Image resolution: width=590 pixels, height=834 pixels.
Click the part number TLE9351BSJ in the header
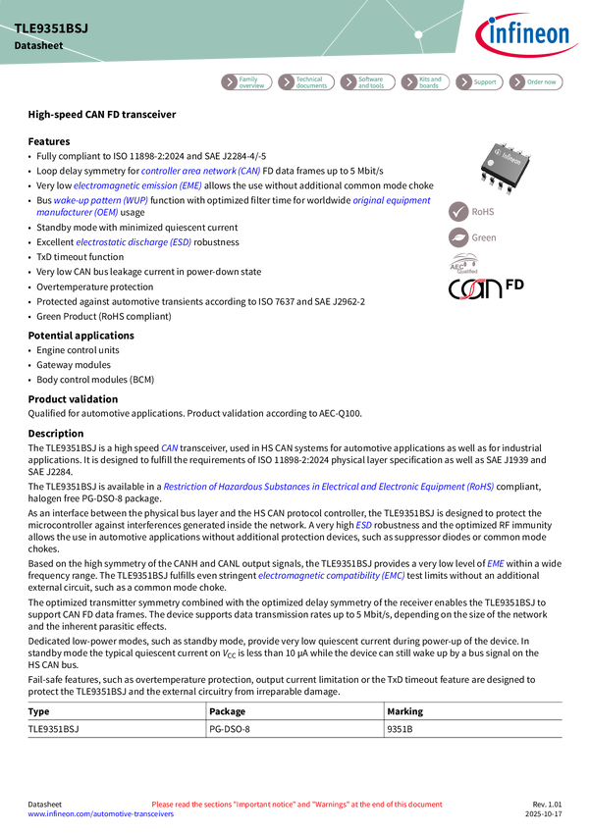(51, 28)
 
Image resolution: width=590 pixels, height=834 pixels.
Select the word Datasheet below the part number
(34, 46)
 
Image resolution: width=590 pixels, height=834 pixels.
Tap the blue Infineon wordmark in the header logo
(530, 36)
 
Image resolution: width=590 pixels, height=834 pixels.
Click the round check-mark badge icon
(458, 211)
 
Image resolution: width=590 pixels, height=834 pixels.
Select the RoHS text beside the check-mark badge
(484, 211)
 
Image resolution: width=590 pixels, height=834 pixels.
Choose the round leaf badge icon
(458, 237)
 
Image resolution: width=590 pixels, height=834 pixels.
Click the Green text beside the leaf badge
(485, 237)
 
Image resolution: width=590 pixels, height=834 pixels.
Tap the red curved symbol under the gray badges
(472, 289)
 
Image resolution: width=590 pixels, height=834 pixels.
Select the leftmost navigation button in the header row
(245, 82)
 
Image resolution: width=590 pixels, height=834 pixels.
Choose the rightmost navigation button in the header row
(536, 82)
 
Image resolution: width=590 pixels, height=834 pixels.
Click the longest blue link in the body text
(329, 487)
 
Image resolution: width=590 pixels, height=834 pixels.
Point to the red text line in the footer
(297, 804)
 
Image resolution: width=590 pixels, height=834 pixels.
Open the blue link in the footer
(100, 814)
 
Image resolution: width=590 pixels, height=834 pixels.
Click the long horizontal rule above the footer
(295, 700)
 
